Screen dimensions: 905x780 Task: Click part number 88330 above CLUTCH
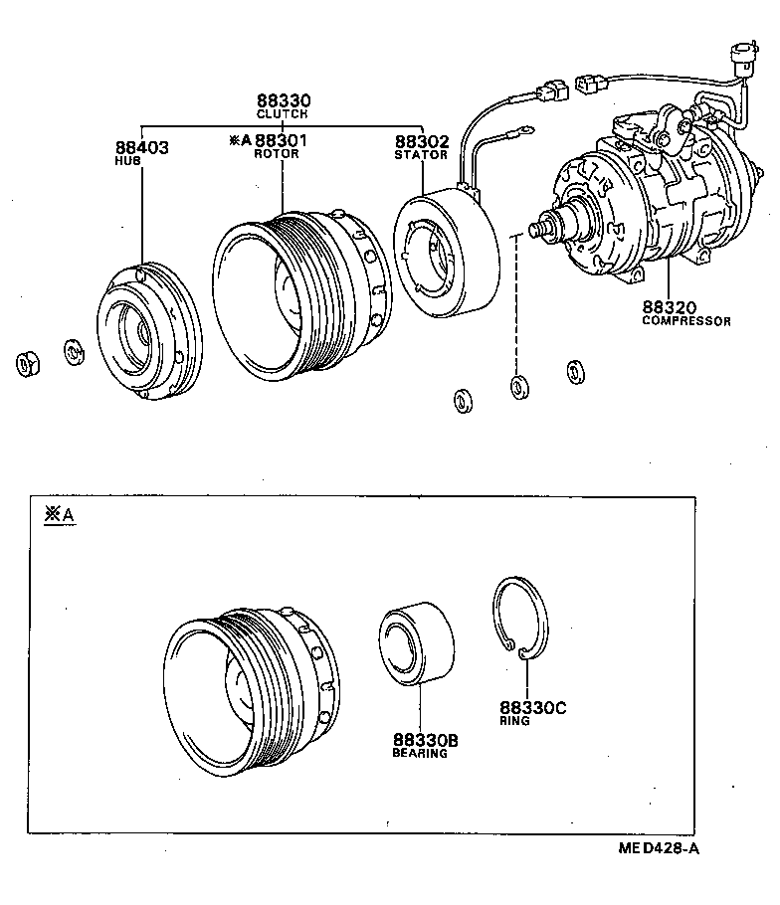click(284, 100)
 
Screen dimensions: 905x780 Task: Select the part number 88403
click(142, 147)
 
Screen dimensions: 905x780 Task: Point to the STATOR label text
click(421, 155)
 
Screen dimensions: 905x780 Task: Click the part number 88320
click(670, 307)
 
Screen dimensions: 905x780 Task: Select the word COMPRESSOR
click(686, 321)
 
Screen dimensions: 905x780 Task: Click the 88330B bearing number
click(425, 741)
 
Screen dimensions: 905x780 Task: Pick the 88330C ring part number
click(532, 707)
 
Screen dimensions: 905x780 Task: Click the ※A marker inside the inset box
click(59, 514)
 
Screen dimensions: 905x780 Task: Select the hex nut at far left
click(27, 363)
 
